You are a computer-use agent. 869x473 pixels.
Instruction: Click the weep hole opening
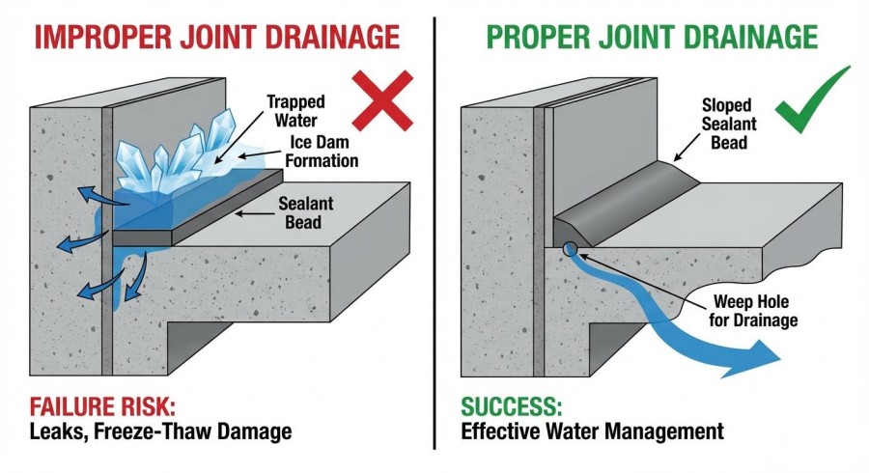click(570, 249)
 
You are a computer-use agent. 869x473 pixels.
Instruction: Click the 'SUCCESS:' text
click(507, 404)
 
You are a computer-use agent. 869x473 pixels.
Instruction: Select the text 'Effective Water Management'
click(592, 431)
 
